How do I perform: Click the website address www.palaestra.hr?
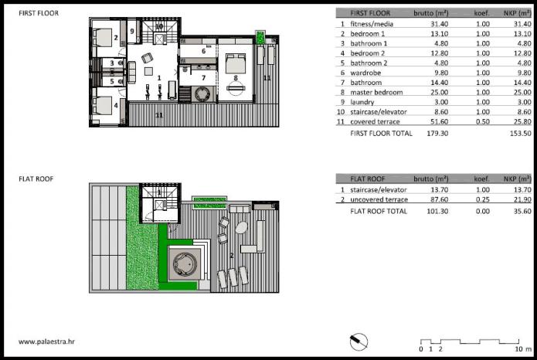[46, 341]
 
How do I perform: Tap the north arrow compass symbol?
[359, 341]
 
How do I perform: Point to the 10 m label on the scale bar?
[523, 349]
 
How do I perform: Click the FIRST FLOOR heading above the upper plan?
[39, 13]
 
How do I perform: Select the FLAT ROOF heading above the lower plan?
[36, 178]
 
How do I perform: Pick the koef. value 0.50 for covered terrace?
[483, 121]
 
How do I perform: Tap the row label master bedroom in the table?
[376, 93]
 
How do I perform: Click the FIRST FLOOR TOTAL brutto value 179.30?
[437, 133]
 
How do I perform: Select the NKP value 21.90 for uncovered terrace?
[522, 199]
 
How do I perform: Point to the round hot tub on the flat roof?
[185, 264]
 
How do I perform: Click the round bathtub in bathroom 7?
[202, 93]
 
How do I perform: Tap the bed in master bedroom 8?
[236, 63]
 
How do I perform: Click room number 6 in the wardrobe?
[203, 51]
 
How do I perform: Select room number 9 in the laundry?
[132, 31]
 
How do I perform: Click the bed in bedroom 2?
[102, 37]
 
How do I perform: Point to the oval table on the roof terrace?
[241, 227]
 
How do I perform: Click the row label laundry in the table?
[362, 102]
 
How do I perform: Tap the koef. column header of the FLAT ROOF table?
[482, 178]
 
